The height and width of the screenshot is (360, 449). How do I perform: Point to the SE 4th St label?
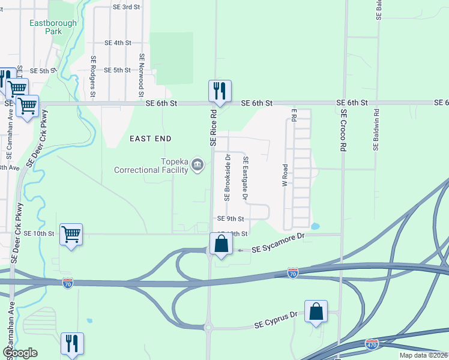(118, 43)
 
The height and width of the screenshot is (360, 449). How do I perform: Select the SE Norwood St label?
(142, 75)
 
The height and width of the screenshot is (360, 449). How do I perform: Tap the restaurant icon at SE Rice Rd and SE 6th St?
(220, 91)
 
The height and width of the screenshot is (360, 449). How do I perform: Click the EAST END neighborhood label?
(151, 139)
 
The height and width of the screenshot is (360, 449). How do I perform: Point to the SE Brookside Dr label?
(228, 178)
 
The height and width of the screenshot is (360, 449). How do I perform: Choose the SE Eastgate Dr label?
(245, 178)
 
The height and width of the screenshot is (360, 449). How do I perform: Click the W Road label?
(285, 175)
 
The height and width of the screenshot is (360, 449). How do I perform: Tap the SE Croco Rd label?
(343, 130)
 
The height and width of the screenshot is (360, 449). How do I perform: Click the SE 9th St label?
(231, 219)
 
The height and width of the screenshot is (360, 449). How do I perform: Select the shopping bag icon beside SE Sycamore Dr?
(221, 244)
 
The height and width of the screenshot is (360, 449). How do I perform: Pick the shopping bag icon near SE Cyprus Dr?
(316, 311)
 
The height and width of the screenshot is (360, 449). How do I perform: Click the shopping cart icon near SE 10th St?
(71, 234)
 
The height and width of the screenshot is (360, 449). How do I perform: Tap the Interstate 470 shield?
(372, 344)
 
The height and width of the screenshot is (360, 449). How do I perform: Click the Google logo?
(20, 353)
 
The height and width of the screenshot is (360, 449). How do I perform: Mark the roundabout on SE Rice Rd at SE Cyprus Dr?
(208, 328)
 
